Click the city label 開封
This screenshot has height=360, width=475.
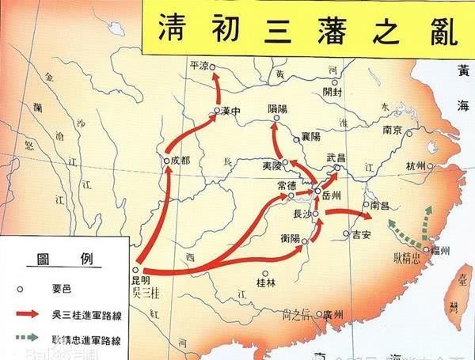[x=335, y=91]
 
